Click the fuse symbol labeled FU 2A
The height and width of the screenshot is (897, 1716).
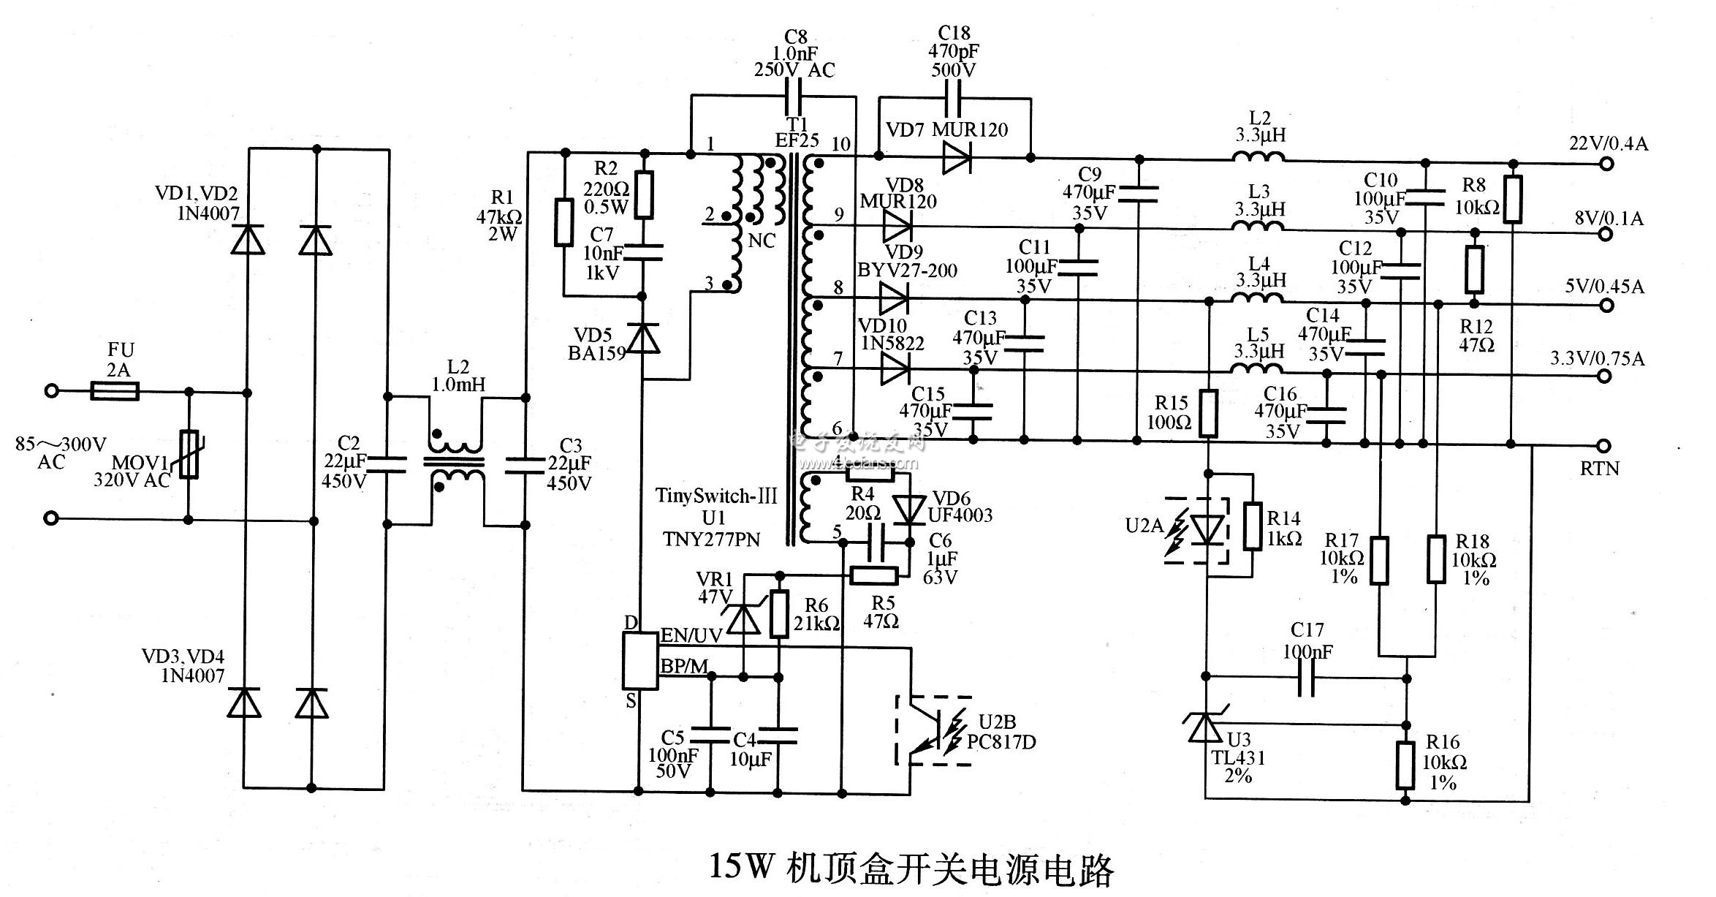point(115,392)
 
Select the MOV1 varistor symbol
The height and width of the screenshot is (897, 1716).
point(189,454)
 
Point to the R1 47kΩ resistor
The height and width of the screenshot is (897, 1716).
point(563,222)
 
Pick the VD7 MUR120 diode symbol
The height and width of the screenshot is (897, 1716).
point(955,158)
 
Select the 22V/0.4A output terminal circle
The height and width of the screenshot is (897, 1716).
point(1606,164)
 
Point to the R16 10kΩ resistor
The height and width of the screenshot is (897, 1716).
point(1405,765)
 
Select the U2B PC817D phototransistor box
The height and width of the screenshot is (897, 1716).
point(934,731)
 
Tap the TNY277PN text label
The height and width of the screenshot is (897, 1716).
point(711,539)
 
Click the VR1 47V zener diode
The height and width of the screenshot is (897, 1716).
point(745,620)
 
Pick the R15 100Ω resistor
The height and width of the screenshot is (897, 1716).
point(1208,414)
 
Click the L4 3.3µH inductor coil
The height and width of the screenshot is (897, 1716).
point(1257,298)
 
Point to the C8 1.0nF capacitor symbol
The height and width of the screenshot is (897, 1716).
point(794,95)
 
